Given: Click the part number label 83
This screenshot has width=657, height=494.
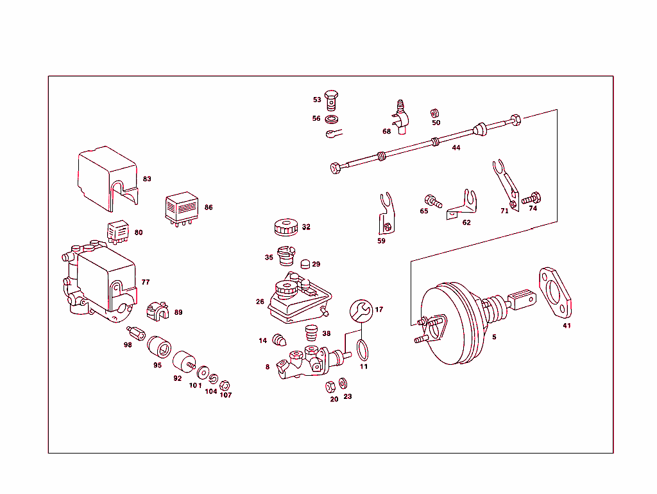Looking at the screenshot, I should pos(147,179).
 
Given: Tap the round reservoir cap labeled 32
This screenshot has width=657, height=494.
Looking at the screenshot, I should pos(284,227).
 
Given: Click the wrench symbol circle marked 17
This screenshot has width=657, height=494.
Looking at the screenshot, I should pos(361,310).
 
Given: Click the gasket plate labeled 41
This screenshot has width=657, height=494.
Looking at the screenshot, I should pos(554,293).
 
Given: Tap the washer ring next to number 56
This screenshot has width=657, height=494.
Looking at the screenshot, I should pos(332,119).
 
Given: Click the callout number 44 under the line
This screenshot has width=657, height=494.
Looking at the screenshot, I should pos(456,148).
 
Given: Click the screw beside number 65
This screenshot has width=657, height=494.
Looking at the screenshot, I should pos(433,202).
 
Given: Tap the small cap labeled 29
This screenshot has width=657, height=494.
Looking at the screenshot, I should pos(305,263).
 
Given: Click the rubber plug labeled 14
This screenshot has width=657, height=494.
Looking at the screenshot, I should pos(278,339).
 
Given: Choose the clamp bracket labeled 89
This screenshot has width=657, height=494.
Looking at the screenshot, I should pos(158,312).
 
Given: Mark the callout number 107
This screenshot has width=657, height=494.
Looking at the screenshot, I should pos(225,395).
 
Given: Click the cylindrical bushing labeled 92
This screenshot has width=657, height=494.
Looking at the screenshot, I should pos(185,361).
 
